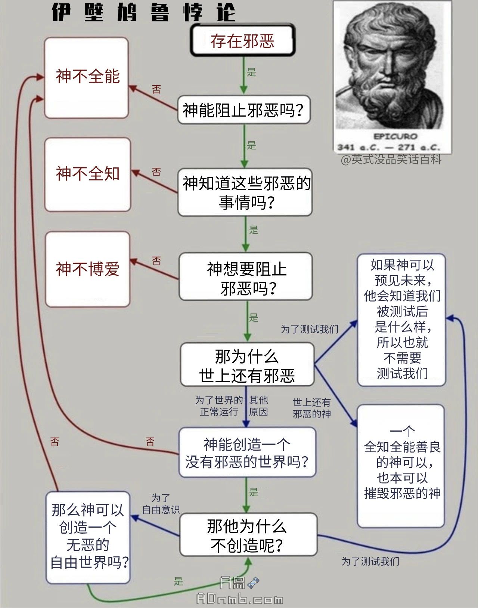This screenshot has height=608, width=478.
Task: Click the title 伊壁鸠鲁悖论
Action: (x=143, y=12)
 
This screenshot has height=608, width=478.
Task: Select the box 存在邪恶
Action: (x=243, y=40)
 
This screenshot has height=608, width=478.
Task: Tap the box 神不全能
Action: (x=87, y=77)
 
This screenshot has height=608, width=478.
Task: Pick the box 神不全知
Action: (x=88, y=174)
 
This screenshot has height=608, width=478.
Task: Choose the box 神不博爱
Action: (x=88, y=269)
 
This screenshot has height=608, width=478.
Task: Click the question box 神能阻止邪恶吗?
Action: (x=243, y=110)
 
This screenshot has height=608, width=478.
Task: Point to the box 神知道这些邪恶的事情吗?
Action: (x=245, y=192)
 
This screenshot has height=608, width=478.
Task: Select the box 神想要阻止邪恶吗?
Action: (x=246, y=277)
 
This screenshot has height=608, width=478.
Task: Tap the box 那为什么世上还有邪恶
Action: (x=247, y=365)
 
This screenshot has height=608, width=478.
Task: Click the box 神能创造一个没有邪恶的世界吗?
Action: (x=247, y=453)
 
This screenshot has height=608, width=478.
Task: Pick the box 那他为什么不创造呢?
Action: (x=248, y=535)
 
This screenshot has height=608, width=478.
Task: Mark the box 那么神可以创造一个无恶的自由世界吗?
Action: (x=88, y=537)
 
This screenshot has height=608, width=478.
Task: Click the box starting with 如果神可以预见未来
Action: (x=402, y=320)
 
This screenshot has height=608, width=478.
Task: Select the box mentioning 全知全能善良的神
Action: (x=401, y=465)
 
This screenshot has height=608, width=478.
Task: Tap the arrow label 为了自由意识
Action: (x=161, y=504)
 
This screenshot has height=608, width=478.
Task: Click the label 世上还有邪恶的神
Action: (x=311, y=408)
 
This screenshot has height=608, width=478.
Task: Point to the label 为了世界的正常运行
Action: (x=219, y=406)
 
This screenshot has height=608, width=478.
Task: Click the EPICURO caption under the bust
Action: (x=395, y=136)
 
